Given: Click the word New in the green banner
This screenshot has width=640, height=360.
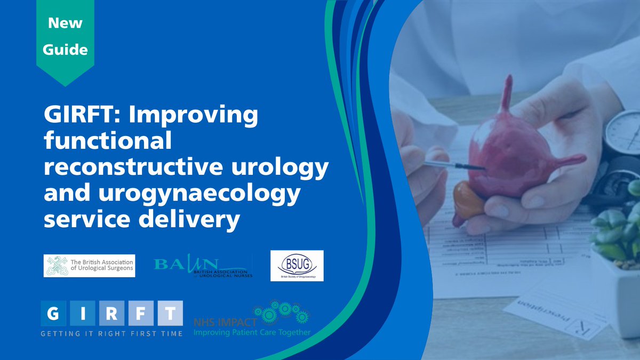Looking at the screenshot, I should click(x=65, y=23).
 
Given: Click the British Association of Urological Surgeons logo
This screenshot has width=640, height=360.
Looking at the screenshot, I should click(x=90, y=265).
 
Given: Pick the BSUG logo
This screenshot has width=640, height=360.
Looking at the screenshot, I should click(x=297, y=266).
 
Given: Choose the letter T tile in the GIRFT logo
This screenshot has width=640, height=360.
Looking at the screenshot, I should click(x=169, y=314).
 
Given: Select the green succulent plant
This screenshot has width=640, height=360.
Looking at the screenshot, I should click(x=619, y=229).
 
